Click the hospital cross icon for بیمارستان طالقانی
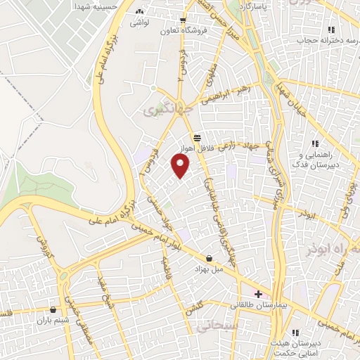pyautogui.click(x=258, y=294)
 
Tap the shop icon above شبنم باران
pyautogui.click(x=53, y=309)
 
